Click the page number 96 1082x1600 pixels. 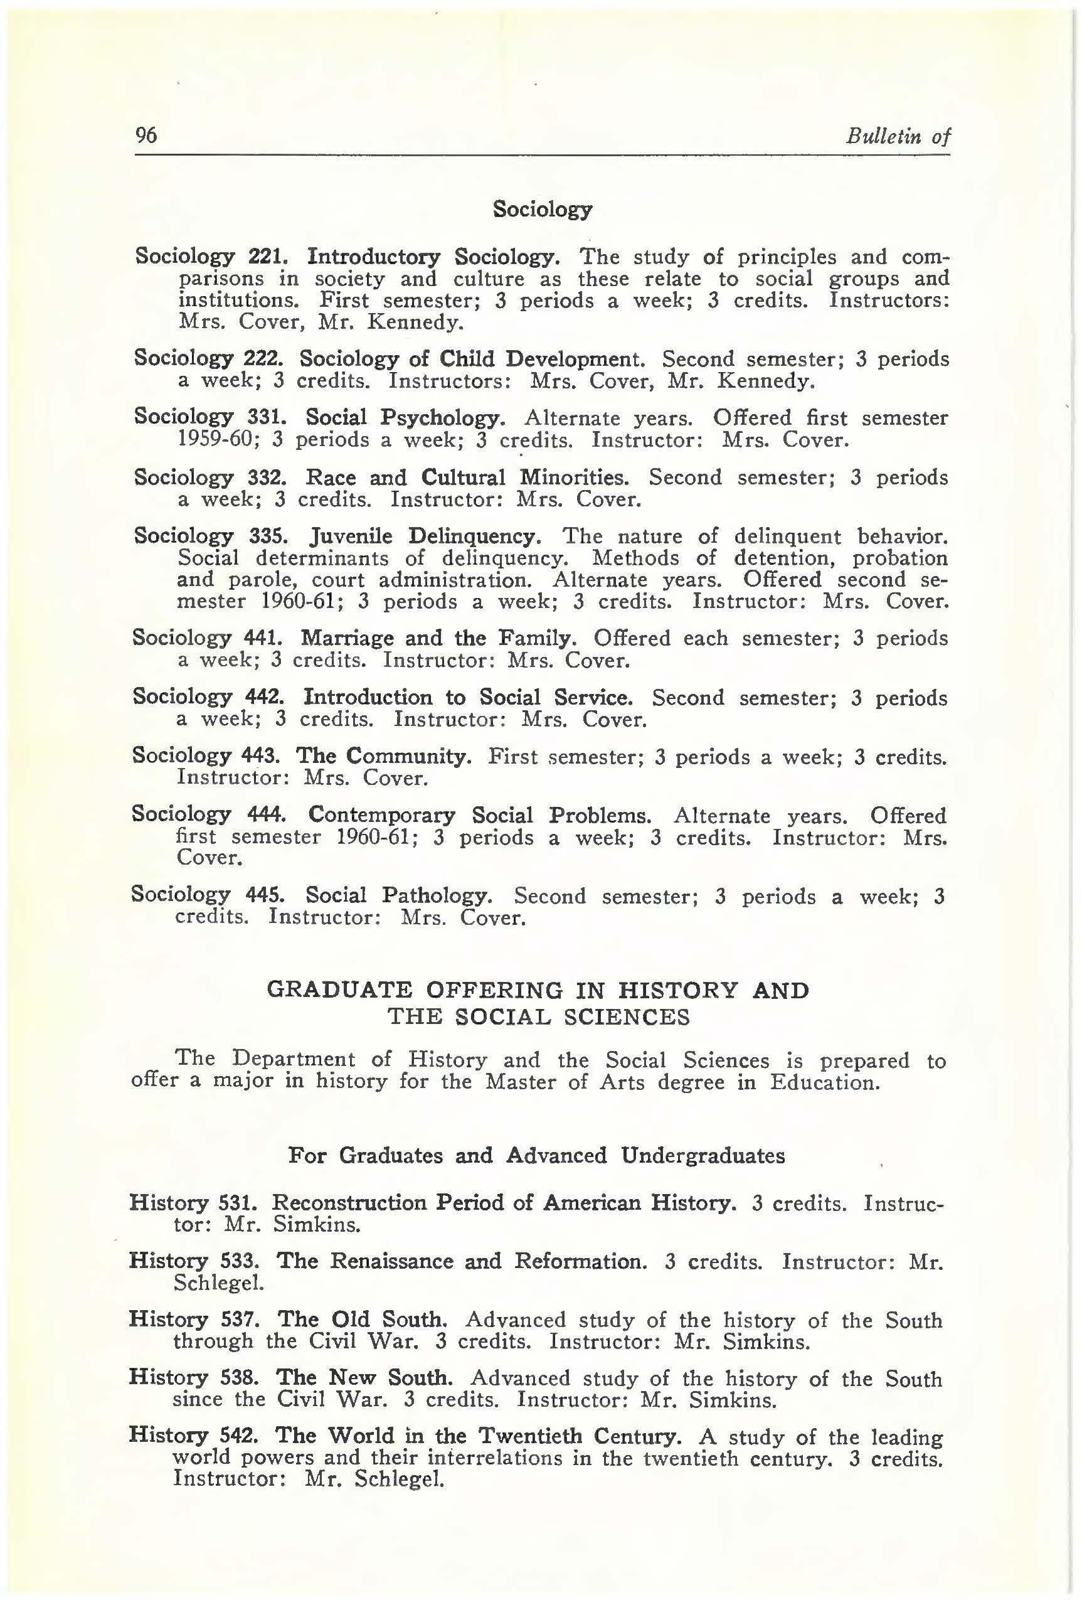(x=147, y=135)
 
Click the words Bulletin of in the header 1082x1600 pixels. (x=898, y=136)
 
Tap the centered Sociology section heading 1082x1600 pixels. (x=542, y=208)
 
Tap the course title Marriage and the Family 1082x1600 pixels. (x=438, y=638)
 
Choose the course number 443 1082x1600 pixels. (x=260, y=756)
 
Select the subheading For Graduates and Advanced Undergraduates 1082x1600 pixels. (x=537, y=1155)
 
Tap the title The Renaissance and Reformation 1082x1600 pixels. (x=461, y=1261)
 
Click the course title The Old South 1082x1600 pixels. (x=363, y=1320)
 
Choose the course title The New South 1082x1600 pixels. (x=364, y=1378)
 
